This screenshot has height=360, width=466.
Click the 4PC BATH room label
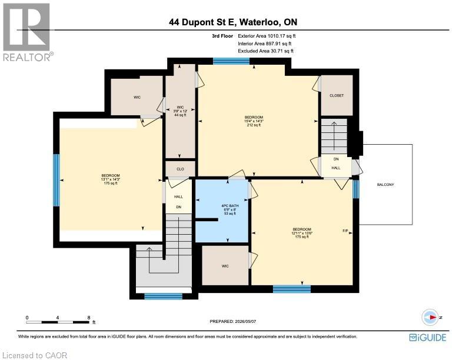230,205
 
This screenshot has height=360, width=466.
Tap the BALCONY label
385,185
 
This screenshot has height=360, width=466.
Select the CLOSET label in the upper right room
337,95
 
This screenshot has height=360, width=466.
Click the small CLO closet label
180,169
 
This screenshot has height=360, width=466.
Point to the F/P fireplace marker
345,231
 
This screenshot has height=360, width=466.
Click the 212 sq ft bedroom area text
254,125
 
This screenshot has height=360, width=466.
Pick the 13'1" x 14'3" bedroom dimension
111,179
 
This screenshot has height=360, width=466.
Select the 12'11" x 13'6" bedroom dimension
302,233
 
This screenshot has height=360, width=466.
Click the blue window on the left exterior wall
56,180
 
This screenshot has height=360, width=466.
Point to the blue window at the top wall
231,61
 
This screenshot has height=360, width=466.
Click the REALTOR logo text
26,57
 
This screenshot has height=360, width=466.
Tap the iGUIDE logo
428,338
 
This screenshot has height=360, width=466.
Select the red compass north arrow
433,317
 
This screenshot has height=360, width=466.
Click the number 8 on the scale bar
89,318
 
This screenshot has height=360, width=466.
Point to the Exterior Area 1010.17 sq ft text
267,36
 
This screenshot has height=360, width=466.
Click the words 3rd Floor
222,36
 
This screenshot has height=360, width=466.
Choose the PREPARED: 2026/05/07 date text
232,321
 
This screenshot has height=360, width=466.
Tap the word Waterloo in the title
259,22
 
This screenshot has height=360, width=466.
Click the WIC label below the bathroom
225,266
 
